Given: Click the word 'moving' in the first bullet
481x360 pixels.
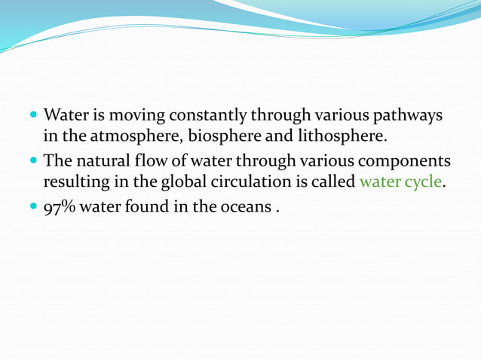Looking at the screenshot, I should coord(136,117).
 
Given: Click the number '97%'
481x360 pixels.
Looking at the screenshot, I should coord(59,206).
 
